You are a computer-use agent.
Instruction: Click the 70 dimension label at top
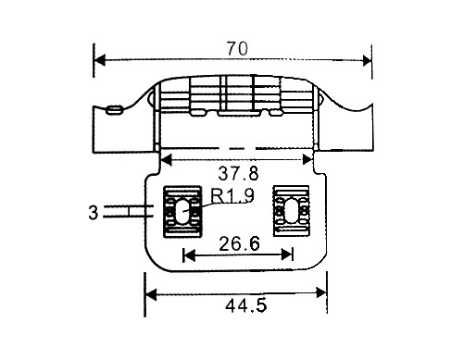coord(237,49)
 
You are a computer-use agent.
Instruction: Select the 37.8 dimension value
coord(238,173)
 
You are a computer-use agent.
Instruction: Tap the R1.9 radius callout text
coord(232,195)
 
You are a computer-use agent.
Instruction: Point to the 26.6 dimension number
coord(239,243)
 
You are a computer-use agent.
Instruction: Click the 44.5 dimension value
coord(245,306)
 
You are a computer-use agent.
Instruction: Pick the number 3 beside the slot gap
coord(93,213)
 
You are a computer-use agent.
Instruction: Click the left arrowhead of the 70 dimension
coord(100,60)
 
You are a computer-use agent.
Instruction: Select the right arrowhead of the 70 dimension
coord(367,60)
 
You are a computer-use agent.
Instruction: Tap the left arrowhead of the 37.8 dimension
coord(166,160)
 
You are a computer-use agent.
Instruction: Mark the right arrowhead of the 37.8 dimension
coord(307,160)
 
